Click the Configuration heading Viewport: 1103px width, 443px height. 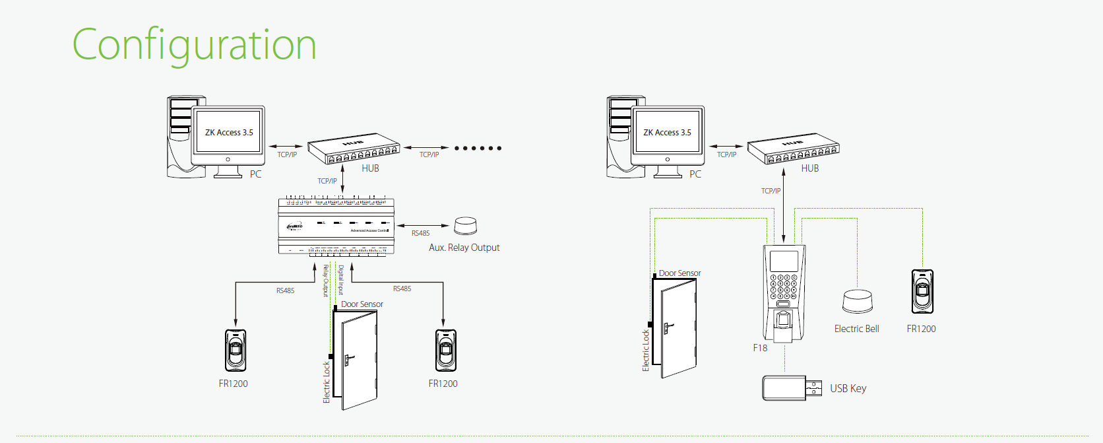(x=194, y=45)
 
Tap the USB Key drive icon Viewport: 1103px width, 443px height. (x=791, y=388)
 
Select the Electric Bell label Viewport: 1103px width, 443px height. (x=856, y=329)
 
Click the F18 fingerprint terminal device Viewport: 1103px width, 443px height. (x=784, y=290)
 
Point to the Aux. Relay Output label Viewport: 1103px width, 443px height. (x=464, y=248)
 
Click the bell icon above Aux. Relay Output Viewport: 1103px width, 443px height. (x=465, y=226)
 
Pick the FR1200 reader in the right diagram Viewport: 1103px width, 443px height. (x=922, y=291)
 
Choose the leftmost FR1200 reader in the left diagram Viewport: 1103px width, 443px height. (x=236, y=351)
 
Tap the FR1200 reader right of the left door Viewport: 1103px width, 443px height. (x=446, y=351)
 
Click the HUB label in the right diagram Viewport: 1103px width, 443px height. (x=809, y=168)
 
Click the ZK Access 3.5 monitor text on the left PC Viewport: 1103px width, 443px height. (x=229, y=133)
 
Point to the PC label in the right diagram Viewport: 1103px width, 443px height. (x=695, y=174)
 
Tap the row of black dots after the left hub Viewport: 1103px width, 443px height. (x=478, y=148)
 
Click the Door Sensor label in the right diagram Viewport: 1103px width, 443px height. (x=679, y=273)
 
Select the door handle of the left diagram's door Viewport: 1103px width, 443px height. (x=348, y=360)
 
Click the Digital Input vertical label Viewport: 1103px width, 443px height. (x=341, y=280)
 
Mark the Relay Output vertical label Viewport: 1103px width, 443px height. (x=325, y=281)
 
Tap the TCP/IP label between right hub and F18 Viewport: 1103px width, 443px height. (x=771, y=191)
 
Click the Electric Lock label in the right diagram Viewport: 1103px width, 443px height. (x=646, y=351)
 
